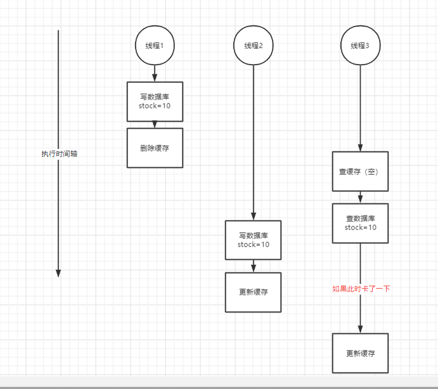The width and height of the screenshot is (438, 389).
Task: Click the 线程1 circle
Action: click(x=155, y=46)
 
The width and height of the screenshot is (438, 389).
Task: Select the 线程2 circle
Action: click(x=253, y=46)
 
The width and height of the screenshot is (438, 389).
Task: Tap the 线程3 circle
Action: click(x=360, y=46)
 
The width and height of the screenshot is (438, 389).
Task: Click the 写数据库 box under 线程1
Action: click(x=155, y=101)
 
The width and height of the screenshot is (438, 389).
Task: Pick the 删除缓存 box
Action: click(x=155, y=148)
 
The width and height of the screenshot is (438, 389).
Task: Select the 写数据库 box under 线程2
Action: click(x=253, y=239)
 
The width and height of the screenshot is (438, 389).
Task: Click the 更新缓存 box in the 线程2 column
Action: click(x=253, y=292)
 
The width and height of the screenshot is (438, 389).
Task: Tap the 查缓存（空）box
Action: click(x=360, y=171)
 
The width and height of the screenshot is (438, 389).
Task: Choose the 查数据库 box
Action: click(x=360, y=223)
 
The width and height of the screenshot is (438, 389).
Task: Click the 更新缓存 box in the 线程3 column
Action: click(x=360, y=353)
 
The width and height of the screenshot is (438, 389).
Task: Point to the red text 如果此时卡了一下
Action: click(x=361, y=289)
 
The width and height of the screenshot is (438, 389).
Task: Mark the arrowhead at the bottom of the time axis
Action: click(x=58, y=273)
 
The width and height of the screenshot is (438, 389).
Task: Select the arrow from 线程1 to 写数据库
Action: click(x=155, y=73)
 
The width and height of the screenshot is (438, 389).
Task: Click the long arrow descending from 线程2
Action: click(x=253, y=139)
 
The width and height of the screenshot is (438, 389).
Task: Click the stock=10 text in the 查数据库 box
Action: click(x=360, y=227)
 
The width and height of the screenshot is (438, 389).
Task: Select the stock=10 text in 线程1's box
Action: click(x=155, y=106)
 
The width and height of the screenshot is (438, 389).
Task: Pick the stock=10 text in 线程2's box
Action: click(x=253, y=245)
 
